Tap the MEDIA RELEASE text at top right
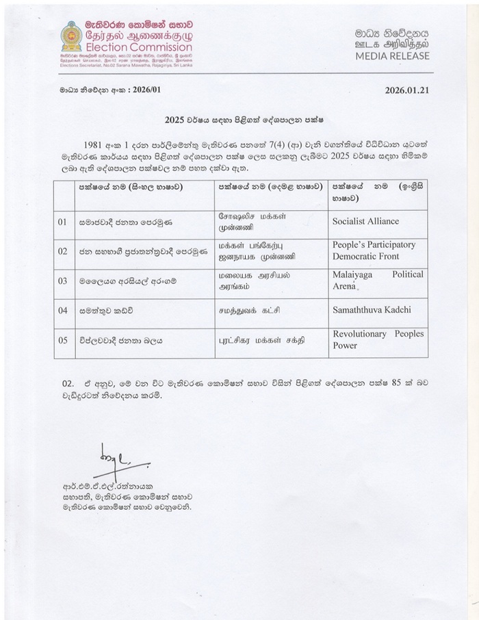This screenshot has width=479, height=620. (x=392, y=55)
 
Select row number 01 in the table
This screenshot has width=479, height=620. (x=62, y=222)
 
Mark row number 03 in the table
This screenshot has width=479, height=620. (x=62, y=281)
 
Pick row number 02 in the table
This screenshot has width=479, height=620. (x=62, y=251)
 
